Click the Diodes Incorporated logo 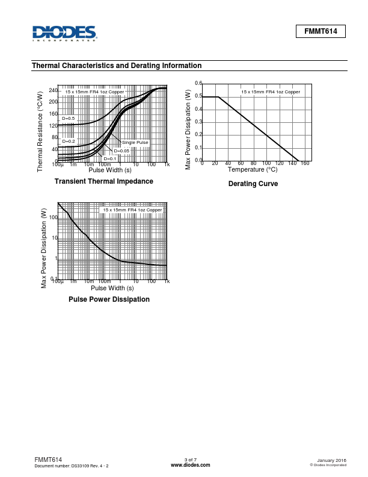[64, 33]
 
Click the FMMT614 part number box [320, 32]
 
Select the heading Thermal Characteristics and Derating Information [116, 66]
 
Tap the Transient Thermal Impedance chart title [103, 181]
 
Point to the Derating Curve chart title [253, 184]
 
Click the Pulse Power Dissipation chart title [109, 299]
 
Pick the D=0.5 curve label [68, 119]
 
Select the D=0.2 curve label [68, 141]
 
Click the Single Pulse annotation [135, 142]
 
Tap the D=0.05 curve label [121, 151]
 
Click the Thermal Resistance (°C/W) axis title [40, 130]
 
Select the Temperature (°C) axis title [252, 169]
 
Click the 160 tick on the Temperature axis [305, 163]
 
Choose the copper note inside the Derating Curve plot [270, 92]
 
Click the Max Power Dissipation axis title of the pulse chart [44, 248]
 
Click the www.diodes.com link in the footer [190, 466]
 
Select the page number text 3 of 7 [190, 460]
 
